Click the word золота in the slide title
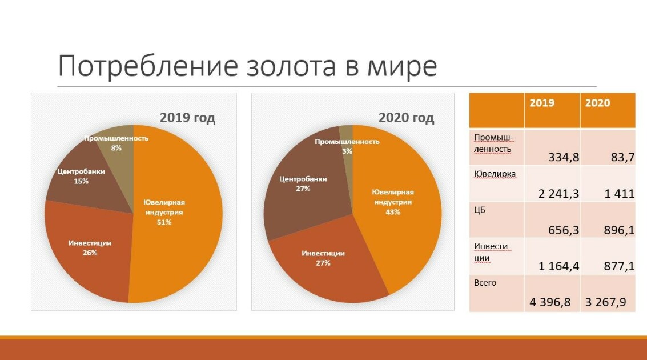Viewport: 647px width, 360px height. [291, 66]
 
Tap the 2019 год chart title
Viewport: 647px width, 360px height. [187, 118]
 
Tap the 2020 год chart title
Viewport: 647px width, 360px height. [406, 118]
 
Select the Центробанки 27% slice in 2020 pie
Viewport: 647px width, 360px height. [303, 186]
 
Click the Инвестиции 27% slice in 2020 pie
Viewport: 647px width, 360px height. [326, 260]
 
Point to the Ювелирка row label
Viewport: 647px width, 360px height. [495, 174]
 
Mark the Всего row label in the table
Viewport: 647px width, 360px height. [485, 283]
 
